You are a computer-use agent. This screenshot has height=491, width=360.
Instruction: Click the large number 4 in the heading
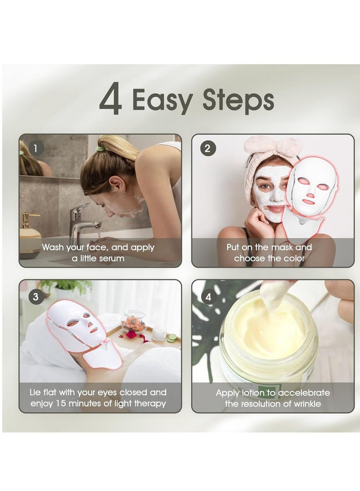point(111,101)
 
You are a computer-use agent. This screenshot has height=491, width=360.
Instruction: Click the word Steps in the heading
point(238,101)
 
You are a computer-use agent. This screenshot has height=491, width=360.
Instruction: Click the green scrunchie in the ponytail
point(100,148)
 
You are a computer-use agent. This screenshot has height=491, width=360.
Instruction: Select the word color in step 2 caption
point(294,258)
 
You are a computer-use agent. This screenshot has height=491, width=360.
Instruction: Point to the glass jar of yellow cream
point(268,342)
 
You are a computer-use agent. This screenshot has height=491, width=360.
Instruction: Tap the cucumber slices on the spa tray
point(171,338)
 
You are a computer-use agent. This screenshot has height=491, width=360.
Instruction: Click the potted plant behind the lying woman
point(65,288)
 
